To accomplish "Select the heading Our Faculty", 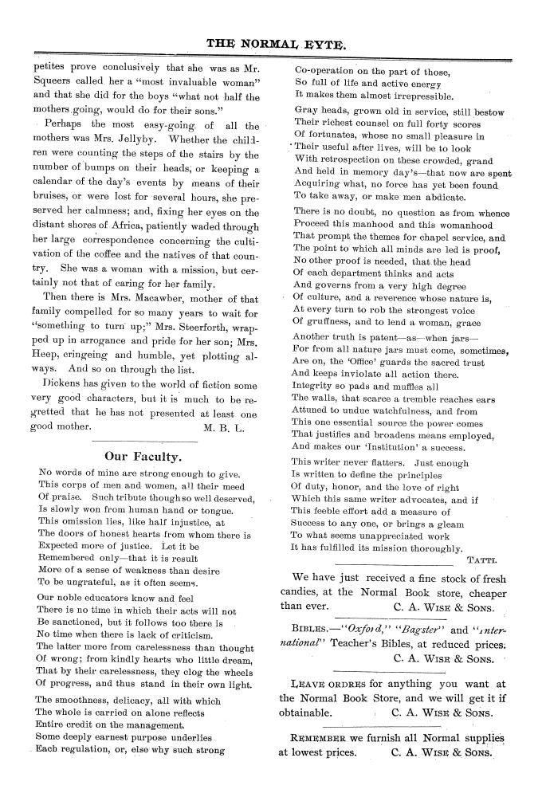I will point(143,457).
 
